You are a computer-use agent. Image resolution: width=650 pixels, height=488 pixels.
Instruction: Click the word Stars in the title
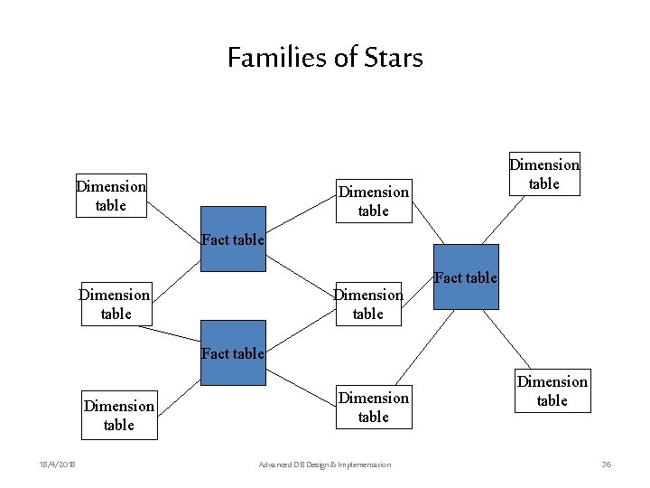pyautogui.click(x=394, y=59)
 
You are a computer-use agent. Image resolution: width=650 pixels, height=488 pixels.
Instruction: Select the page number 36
pyautogui.click(x=607, y=465)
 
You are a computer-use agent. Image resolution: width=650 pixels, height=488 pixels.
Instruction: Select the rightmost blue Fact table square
pyautogui.click(x=466, y=277)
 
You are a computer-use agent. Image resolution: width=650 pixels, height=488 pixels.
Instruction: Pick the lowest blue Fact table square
pyautogui.click(x=233, y=352)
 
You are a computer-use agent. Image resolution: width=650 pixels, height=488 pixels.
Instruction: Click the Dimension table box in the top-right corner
pyautogui.click(x=544, y=174)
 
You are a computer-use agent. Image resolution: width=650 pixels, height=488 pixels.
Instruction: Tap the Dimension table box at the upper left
pyautogui.click(x=111, y=195)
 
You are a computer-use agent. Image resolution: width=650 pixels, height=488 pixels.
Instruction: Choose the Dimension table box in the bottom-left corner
pyautogui.click(x=119, y=415)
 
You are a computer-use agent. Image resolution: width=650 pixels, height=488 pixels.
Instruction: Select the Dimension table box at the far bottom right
pyautogui.click(x=552, y=390)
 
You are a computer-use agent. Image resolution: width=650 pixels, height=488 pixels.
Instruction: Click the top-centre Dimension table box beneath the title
pyautogui.click(x=374, y=201)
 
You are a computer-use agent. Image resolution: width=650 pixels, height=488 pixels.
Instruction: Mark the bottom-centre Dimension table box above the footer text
pyautogui.click(x=374, y=407)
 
